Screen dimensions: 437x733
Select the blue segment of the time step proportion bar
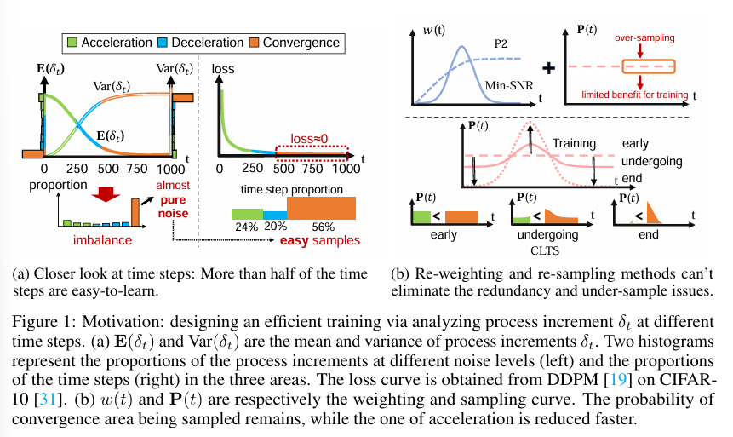point(274,212)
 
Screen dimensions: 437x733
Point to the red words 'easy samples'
point(319,241)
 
